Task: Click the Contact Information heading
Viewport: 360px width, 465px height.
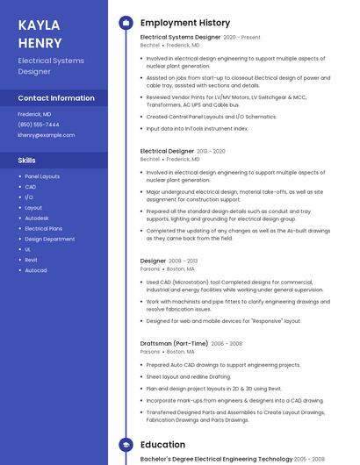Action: (x=56, y=98)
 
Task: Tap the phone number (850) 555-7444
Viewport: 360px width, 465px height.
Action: (x=39, y=125)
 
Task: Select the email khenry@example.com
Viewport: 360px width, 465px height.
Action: (x=47, y=135)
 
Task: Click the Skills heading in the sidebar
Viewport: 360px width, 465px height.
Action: (x=26, y=161)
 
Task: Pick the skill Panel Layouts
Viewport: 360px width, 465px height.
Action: (x=42, y=176)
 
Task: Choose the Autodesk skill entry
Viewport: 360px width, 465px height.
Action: (x=37, y=218)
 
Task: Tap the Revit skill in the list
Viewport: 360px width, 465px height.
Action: (x=31, y=260)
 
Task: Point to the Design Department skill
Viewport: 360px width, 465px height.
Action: (x=50, y=239)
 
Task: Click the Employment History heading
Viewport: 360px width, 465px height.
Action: (x=184, y=23)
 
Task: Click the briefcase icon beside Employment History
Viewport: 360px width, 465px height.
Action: (x=125, y=23)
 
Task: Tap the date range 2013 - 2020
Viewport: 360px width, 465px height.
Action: (x=211, y=151)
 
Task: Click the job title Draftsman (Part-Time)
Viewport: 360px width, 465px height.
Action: (x=174, y=343)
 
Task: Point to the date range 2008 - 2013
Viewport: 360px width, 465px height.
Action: (x=183, y=261)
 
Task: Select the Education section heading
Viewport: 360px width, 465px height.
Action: (x=162, y=445)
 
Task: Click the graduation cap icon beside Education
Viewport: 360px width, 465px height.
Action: (x=125, y=445)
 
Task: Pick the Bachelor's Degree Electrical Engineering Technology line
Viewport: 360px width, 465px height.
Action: (x=216, y=459)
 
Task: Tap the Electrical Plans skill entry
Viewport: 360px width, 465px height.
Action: (x=43, y=228)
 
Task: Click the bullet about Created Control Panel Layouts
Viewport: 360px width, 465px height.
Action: (x=211, y=117)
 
